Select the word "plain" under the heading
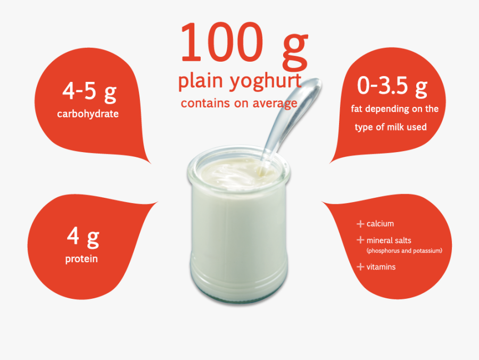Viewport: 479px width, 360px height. click(202, 82)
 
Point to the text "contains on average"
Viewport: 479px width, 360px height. click(239, 103)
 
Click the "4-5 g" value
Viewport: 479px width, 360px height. click(89, 91)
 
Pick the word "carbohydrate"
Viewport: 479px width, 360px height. click(88, 114)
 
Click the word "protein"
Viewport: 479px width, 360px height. click(81, 259)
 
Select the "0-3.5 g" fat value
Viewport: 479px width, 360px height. click(393, 86)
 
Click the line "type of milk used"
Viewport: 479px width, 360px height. click(391, 127)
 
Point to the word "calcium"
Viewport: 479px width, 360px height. click(380, 224)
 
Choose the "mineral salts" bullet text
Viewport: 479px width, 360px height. click(389, 240)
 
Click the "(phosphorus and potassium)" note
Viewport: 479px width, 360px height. click(404, 250)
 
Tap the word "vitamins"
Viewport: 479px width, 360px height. click(381, 267)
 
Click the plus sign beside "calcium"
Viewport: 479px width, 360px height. click(360, 224)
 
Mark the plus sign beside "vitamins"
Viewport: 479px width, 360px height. click(360, 267)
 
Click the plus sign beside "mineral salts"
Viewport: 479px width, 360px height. click(360, 240)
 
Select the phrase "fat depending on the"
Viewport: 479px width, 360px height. click(395, 109)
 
